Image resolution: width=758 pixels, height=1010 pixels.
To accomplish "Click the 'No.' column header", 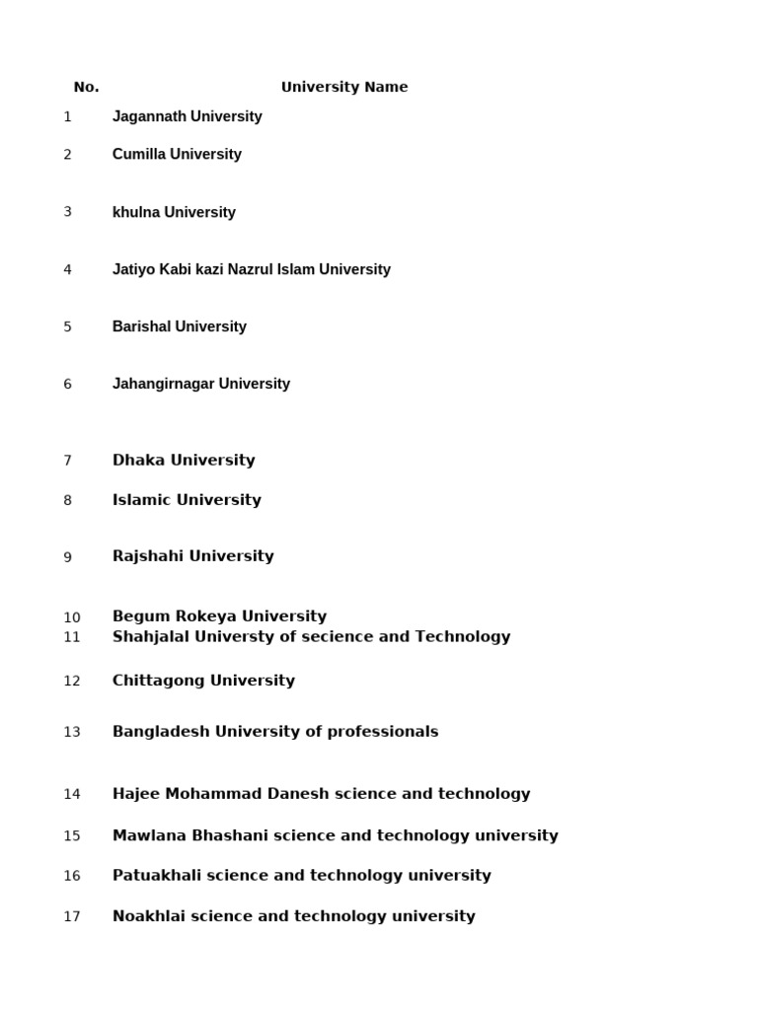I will point(86,87).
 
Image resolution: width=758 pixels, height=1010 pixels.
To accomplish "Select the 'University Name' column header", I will point(343,87).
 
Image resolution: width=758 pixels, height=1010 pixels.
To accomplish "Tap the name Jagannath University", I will point(187,116).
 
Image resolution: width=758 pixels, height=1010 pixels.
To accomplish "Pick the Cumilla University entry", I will point(177,154).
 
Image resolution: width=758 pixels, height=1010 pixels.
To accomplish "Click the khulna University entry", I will point(174,212).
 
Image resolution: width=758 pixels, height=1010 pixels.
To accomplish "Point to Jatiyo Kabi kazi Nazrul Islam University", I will point(251,269).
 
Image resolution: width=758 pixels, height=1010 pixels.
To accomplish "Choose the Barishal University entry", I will point(179,326).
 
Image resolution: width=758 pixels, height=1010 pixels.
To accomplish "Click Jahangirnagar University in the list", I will point(200,384).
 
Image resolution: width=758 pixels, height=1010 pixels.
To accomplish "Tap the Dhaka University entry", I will point(184,460).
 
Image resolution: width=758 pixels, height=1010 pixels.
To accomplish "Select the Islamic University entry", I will point(187,500).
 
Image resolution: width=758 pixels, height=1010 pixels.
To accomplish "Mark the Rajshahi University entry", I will point(192,556).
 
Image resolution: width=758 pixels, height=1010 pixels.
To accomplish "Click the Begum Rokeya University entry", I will point(219,616).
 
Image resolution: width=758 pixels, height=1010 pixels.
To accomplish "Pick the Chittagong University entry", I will point(203,681).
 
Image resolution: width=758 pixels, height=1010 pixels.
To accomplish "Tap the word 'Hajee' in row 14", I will point(136,794).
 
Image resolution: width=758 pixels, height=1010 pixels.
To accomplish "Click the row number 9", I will point(68,557).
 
